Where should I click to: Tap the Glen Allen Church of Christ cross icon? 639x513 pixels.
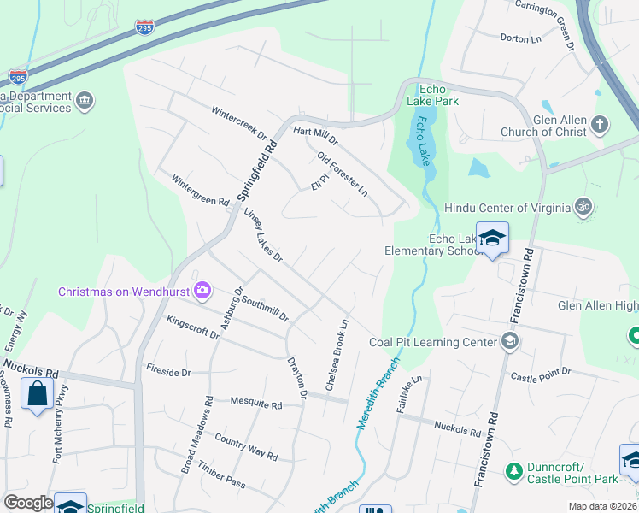[x=600, y=124]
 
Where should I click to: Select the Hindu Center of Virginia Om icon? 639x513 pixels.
[x=584, y=207]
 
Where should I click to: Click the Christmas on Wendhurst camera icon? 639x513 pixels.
[x=202, y=291]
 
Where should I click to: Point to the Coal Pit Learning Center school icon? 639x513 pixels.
[x=510, y=342]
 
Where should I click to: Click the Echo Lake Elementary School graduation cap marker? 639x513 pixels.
[x=492, y=239]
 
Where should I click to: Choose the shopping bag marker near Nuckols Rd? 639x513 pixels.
[x=37, y=395]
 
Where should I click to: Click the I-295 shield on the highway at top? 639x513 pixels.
[x=145, y=29]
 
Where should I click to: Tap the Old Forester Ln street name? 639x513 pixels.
[x=342, y=174]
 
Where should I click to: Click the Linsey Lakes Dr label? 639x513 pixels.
[x=262, y=235]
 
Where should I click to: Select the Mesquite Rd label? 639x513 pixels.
[x=255, y=404]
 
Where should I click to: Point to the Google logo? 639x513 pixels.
[x=28, y=503]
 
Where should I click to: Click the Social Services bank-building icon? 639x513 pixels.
[x=85, y=102]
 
